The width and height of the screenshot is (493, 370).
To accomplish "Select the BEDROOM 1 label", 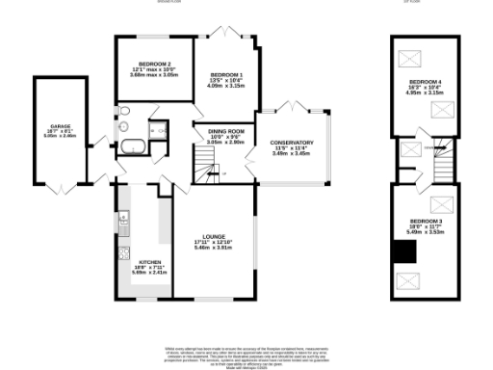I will point(227,75).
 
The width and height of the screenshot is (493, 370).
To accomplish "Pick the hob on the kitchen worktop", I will point(122,254).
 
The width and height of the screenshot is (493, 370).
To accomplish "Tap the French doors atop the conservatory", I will point(289,103).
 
